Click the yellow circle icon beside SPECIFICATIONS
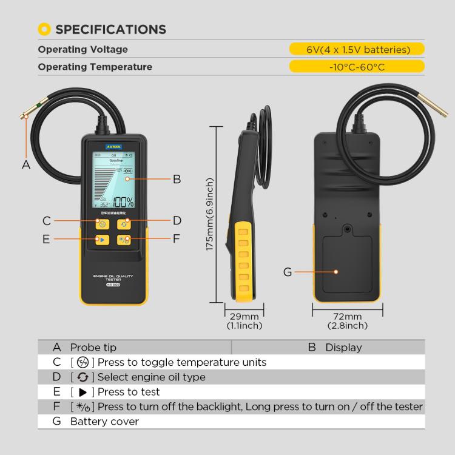[x=44, y=29]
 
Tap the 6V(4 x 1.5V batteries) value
[x=356, y=50]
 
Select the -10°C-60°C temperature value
[x=356, y=67]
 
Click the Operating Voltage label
[x=83, y=50]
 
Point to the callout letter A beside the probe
[x=25, y=164]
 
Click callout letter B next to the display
[x=177, y=179]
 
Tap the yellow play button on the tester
[x=103, y=239]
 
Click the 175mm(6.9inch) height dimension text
[x=210, y=215]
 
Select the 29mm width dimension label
[x=244, y=317]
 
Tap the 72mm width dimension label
[x=348, y=317]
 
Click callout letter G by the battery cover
[x=288, y=272]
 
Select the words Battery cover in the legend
[x=104, y=421]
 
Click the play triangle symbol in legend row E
[x=83, y=392]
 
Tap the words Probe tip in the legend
[x=93, y=348]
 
